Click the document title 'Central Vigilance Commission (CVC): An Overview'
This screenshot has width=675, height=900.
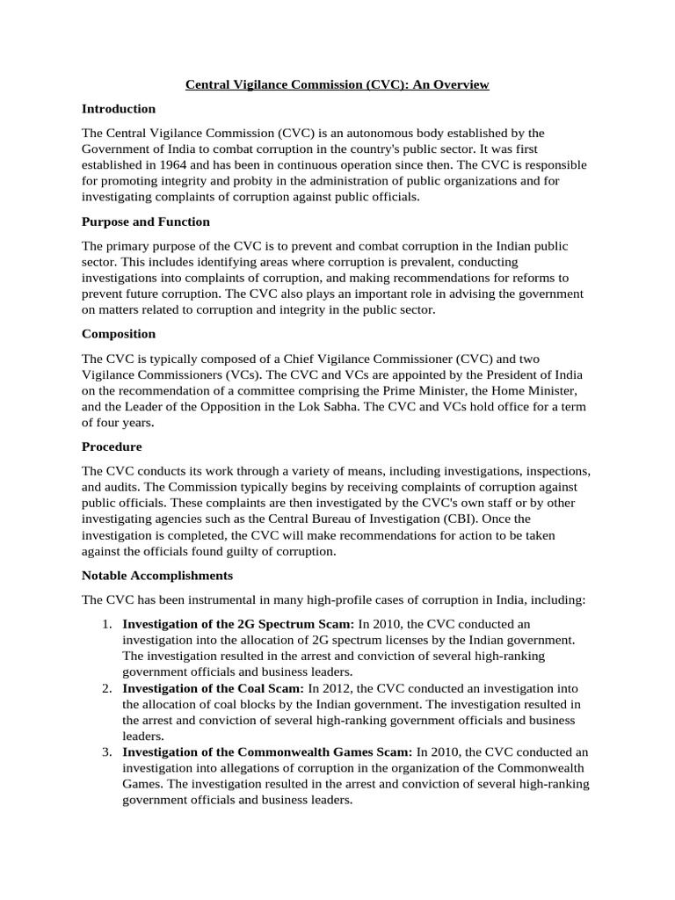[x=337, y=84]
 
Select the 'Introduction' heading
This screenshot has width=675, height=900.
[x=119, y=109]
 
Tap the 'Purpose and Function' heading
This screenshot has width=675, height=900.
[x=146, y=221]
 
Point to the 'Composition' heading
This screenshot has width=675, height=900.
[x=119, y=334]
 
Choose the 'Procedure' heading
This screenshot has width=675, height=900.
[x=112, y=446]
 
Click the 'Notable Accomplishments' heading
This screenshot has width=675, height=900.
[x=157, y=576]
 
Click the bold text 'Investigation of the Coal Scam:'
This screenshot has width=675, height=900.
[x=214, y=688]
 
